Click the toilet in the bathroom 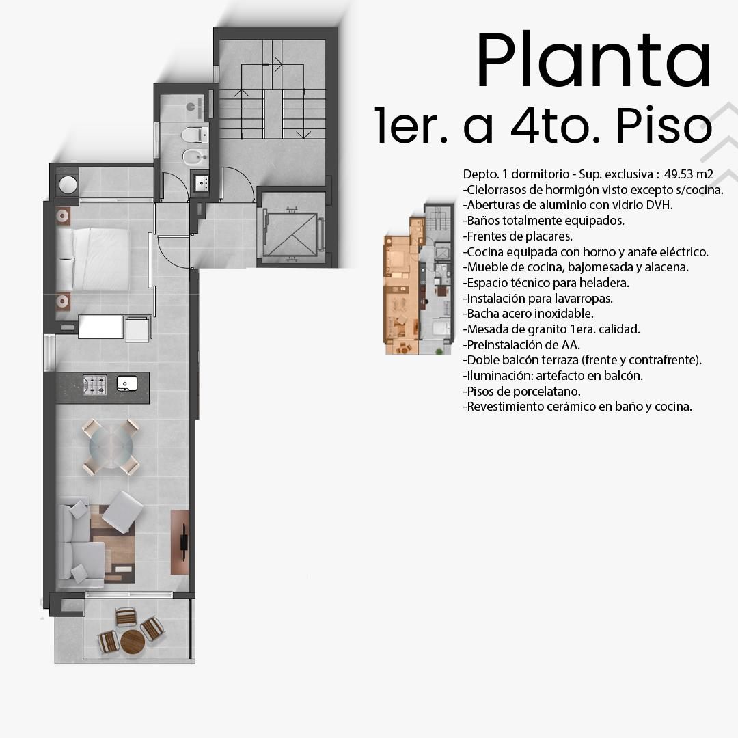(195, 135)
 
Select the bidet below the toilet (195, 158)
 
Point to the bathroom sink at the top (195, 107)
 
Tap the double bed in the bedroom (93, 260)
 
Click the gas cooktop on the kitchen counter (94, 385)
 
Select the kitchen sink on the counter (126, 383)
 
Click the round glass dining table (111, 446)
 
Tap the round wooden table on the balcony (133, 642)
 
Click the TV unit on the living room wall (180, 542)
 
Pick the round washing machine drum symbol (68, 184)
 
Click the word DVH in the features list (659, 205)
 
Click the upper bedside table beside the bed (63, 216)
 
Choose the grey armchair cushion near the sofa (122, 512)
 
